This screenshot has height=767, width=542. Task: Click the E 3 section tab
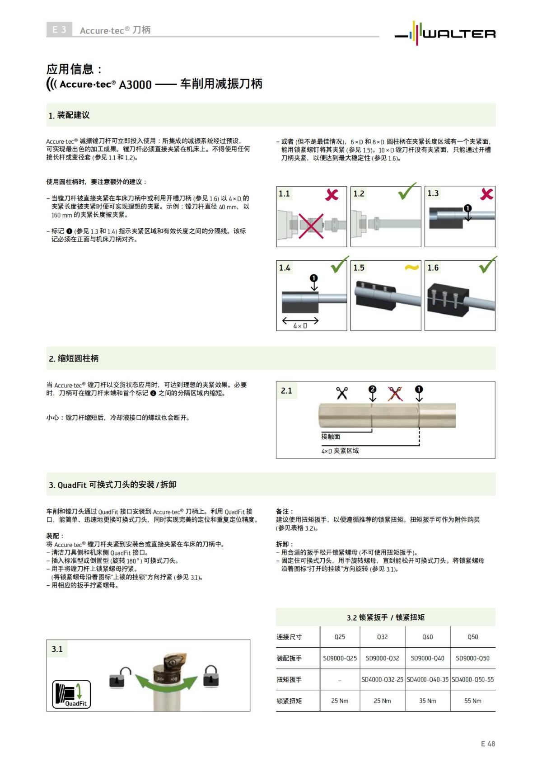(59, 30)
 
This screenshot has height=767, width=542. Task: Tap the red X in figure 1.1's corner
(332, 195)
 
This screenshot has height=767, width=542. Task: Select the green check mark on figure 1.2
(407, 192)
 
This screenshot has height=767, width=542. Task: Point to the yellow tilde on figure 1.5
(411, 268)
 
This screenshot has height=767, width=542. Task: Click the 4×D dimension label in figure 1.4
(300, 325)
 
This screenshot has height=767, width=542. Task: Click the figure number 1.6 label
(433, 268)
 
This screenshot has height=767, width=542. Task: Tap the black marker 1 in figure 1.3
(467, 208)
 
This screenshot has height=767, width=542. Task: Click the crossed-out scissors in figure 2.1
(395, 393)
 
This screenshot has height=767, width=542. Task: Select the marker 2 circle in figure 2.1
(372, 389)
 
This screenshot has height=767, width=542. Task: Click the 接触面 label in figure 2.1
(331, 437)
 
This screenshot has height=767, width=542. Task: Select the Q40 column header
(427, 637)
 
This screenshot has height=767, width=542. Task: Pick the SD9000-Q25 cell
(340, 658)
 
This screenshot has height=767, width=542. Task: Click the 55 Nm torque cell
(472, 701)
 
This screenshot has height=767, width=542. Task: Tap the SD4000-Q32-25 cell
(382, 679)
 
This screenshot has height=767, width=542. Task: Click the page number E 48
(488, 743)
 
